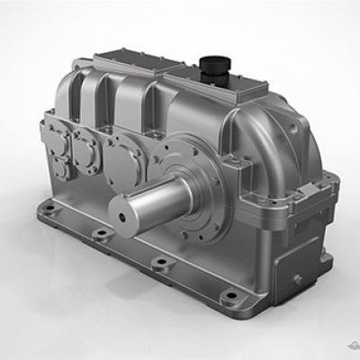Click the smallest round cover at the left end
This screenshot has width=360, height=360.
61,167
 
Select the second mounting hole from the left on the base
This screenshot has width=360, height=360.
97,235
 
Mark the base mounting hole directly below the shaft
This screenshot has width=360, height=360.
160,263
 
